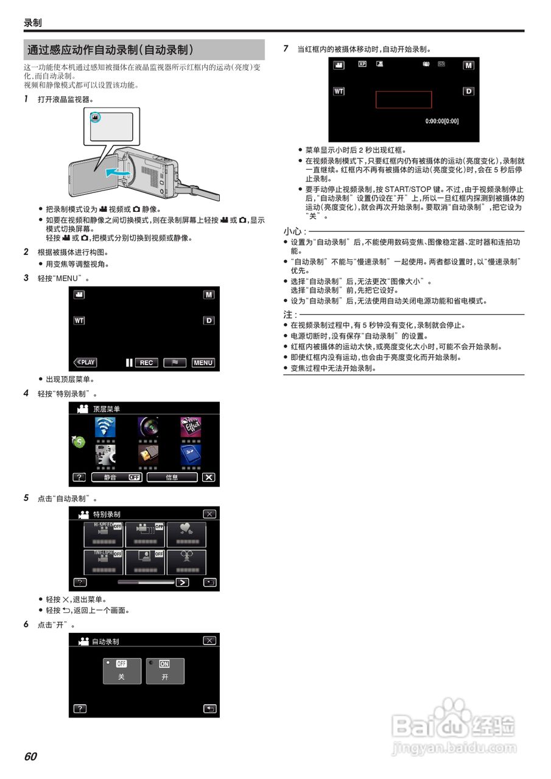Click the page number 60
(30, 756)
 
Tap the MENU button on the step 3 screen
(203, 363)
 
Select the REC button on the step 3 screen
(146, 363)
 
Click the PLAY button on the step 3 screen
(85, 362)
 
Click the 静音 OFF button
(118, 477)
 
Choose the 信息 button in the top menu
(172, 477)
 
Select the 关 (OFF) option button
(121, 671)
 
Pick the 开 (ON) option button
(165, 671)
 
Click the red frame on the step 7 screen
(403, 100)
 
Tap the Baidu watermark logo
(454, 724)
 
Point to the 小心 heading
(294, 231)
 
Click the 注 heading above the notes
(290, 315)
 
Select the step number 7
(286, 49)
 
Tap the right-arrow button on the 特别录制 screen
(181, 582)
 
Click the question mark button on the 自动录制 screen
(79, 708)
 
